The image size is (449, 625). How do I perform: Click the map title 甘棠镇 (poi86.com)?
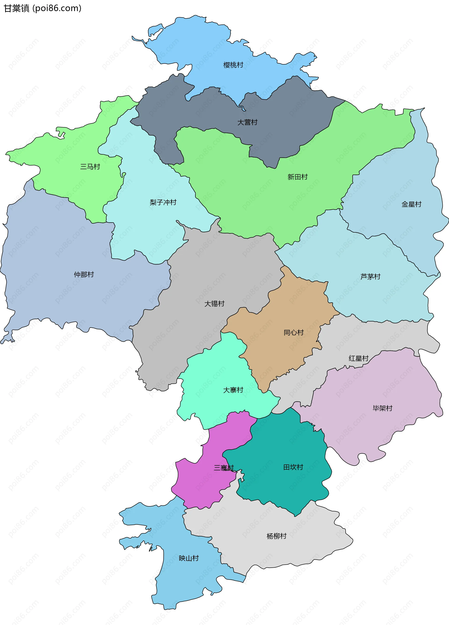click(42, 8)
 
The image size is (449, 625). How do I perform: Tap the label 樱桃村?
click(233, 65)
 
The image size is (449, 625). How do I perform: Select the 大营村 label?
click(247, 122)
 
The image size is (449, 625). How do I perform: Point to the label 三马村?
click(90, 167)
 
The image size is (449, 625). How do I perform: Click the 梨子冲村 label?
click(163, 202)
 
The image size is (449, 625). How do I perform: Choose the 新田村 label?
click(297, 177)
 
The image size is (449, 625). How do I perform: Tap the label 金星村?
click(411, 204)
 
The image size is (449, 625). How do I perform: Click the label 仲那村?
click(84, 274)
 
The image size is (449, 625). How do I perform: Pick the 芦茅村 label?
click(370, 276)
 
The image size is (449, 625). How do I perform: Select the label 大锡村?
click(214, 303)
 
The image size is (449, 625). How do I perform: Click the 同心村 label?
click(294, 332)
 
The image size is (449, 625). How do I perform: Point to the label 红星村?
click(358, 358)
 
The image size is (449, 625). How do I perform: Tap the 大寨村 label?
click(233, 390)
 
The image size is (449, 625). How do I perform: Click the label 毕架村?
click(382, 408)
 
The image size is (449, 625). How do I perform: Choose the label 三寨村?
click(224, 468)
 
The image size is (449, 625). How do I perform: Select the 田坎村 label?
click(293, 467)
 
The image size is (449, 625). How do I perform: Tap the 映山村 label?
click(189, 558)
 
